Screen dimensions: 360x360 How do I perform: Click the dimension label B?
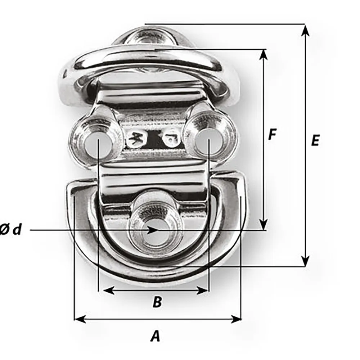coord(157,302)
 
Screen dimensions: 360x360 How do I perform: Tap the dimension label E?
coord(315,140)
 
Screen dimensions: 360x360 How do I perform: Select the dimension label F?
coord(273,134)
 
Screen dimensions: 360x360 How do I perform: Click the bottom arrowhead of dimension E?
coord(305,261)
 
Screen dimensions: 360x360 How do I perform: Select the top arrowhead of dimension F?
coord(264,54)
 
